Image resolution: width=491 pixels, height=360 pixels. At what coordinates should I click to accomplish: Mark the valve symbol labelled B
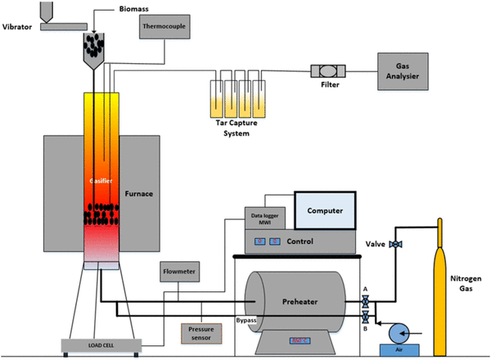365,317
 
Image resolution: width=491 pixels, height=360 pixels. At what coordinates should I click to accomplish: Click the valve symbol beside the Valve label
395,245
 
